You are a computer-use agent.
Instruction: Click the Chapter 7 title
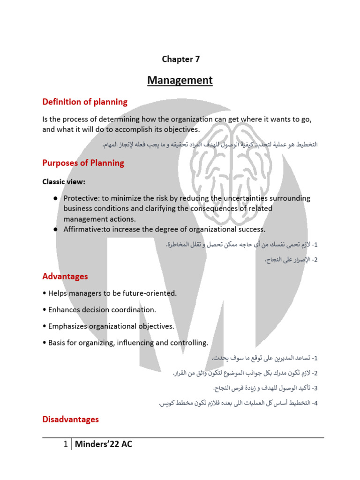pyautogui.click(x=180, y=59)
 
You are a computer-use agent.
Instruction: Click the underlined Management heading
pyautogui.click(x=180, y=80)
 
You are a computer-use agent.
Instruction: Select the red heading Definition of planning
pyautogui.click(x=85, y=102)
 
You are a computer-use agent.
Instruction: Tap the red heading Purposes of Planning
pyautogui.click(x=83, y=163)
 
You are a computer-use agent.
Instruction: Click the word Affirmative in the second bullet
pyautogui.click(x=83, y=229)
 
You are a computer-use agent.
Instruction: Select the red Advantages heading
pyautogui.click(x=65, y=277)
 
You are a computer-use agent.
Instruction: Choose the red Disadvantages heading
pyautogui.click(x=70, y=420)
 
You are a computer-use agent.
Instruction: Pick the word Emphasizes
pyautogui.click(x=68, y=326)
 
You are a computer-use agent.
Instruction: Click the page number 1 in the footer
pyautogui.click(x=66, y=444)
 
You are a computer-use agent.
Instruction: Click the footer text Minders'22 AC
pyautogui.click(x=104, y=444)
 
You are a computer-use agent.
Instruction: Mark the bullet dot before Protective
pyautogui.click(x=55, y=198)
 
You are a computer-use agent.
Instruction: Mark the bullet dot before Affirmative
pyautogui.click(x=55, y=229)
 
